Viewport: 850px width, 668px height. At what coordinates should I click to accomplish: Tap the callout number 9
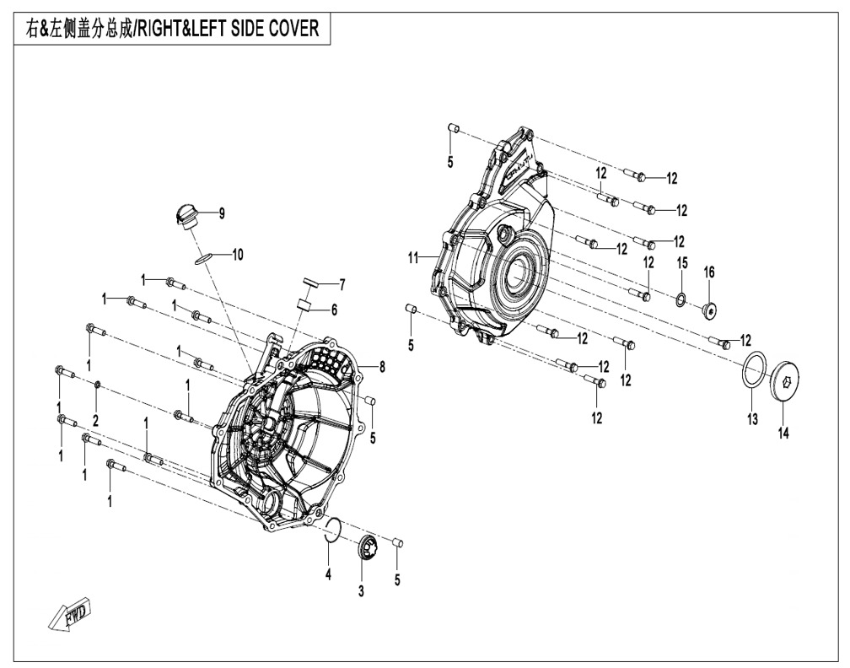222,213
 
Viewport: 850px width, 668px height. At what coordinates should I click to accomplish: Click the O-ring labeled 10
203,257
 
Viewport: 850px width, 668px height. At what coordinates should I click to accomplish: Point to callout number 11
413,258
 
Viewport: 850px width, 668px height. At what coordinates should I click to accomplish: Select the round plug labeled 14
787,382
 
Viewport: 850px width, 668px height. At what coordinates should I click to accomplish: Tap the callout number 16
709,272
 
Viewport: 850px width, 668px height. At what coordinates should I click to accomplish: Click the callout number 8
382,367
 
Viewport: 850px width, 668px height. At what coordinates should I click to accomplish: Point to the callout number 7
342,284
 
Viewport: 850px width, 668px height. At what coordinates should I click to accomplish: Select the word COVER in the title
293,28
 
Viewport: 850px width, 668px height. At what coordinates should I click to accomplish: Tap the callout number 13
752,419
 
